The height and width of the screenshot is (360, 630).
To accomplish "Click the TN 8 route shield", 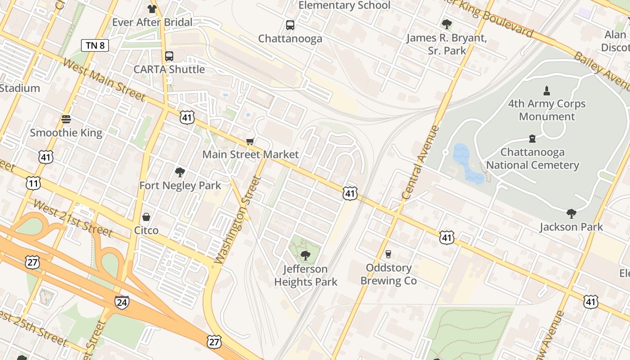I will tap(95, 45).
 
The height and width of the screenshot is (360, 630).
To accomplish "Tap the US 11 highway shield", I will tap(33, 183).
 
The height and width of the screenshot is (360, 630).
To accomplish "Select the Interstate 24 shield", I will tap(121, 302).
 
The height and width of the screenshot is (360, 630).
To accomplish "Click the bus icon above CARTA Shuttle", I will tap(169, 56).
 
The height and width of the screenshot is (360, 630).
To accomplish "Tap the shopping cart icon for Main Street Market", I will tap(250, 142).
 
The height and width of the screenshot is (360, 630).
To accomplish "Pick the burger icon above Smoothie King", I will tap(66, 120).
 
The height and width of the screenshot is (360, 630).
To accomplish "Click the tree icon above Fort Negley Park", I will tap(180, 172).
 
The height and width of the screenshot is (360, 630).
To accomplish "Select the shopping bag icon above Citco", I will tap(146, 217).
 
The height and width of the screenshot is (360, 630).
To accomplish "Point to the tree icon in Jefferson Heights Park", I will tap(306, 256).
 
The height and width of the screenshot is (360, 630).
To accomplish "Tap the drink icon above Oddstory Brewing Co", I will tap(388, 254).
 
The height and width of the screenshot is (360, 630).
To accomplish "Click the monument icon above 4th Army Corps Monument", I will tap(547, 90).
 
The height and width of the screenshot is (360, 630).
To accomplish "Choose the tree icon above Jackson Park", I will tap(571, 213).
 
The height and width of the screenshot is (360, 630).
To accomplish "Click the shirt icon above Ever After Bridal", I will tap(152, 9).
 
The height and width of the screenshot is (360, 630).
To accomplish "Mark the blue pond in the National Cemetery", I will tap(468, 165).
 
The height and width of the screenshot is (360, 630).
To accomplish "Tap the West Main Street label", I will tap(103, 80).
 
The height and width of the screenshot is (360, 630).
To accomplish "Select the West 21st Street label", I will tap(73, 218).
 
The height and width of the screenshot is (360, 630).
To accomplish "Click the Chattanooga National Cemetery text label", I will tap(532, 158).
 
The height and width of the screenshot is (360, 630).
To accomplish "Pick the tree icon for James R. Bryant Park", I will tap(446, 24).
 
